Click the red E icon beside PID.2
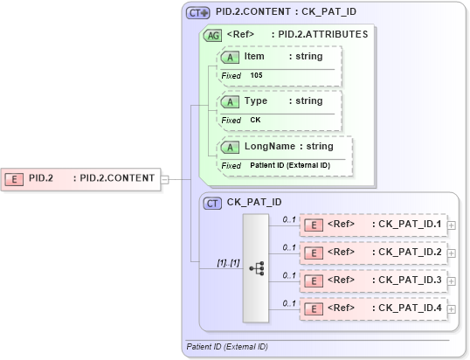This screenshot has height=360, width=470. point(15,178)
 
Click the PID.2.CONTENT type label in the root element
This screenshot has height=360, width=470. point(117,178)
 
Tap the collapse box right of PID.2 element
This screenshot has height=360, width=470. point(164,178)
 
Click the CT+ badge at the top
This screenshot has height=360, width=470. point(198,13)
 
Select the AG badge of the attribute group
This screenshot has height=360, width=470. point(211,35)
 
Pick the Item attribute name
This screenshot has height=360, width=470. point(254,57)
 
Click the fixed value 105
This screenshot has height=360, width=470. point(256,76)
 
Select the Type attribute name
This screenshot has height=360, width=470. point(256,101)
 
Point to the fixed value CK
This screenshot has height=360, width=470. point(255,121)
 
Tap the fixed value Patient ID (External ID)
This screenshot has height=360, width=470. point(289,166)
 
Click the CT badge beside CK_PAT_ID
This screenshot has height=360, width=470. point(211,203)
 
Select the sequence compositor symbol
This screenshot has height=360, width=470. point(257,268)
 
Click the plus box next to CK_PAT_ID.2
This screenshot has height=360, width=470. point(451,253)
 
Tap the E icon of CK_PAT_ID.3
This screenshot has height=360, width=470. point(313,280)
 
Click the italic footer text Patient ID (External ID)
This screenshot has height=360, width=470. point(227,347)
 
